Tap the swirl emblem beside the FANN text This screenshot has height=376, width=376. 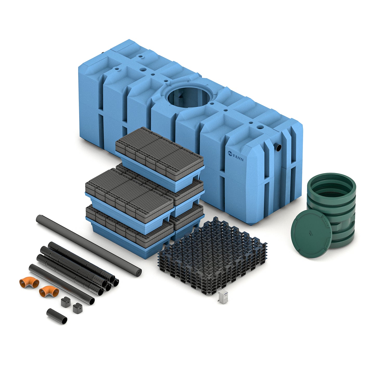coord(230,153)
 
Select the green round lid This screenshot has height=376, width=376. coord(311,233)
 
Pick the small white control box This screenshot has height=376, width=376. coord(223,297)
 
